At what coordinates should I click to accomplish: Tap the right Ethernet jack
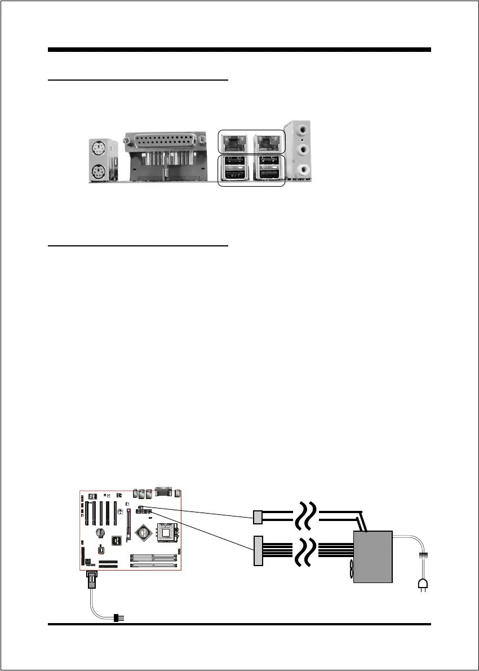[268, 142]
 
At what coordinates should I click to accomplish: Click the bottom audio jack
[304, 169]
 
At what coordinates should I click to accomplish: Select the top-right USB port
[268, 162]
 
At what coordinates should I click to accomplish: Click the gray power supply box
[372, 557]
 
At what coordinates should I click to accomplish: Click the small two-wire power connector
[258, 517]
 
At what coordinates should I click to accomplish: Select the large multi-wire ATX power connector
[259, 550]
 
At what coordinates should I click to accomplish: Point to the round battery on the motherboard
[100, 531]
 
